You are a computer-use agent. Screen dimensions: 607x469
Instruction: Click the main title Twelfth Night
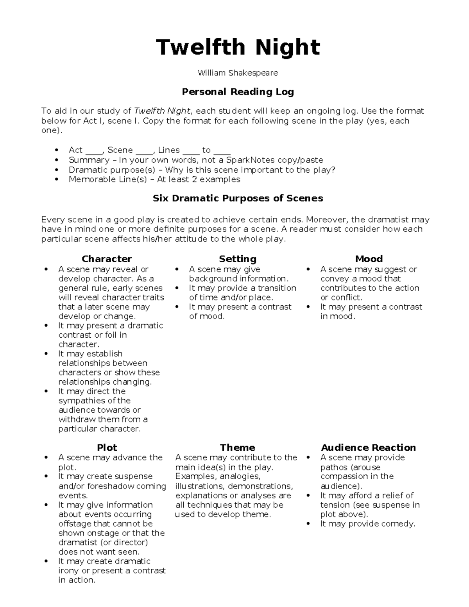pyautogui.click(x=238, y=47)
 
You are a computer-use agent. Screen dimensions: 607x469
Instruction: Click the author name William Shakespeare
pyautogui.click(x=238, y=73)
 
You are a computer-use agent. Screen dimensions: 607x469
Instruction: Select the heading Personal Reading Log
pyautogui.click(x=238, y=92)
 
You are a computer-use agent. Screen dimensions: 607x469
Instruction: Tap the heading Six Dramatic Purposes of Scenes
pyautogui.click(x=238, y=198)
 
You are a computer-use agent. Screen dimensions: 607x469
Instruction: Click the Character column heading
pyautogui.click(x=107, y=259)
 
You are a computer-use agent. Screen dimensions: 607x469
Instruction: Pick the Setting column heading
pyautogui.click(x=238, y=259)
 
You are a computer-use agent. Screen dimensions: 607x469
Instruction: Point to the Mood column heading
pyautogui.click(x=369, y=259)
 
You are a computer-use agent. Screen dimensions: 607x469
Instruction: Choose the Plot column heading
pyautogui.click(x=107, y=448)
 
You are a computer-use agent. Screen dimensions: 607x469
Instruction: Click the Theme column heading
pyautogui.click(x=238, y=448)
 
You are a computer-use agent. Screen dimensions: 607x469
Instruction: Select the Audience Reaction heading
pyautogui.click(x=368, y=448)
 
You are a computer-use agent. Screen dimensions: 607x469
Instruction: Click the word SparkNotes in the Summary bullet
pyautogui.click(x=251, y=160)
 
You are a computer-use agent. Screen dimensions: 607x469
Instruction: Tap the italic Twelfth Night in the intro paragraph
pyautogui.click(x=162, y=111)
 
